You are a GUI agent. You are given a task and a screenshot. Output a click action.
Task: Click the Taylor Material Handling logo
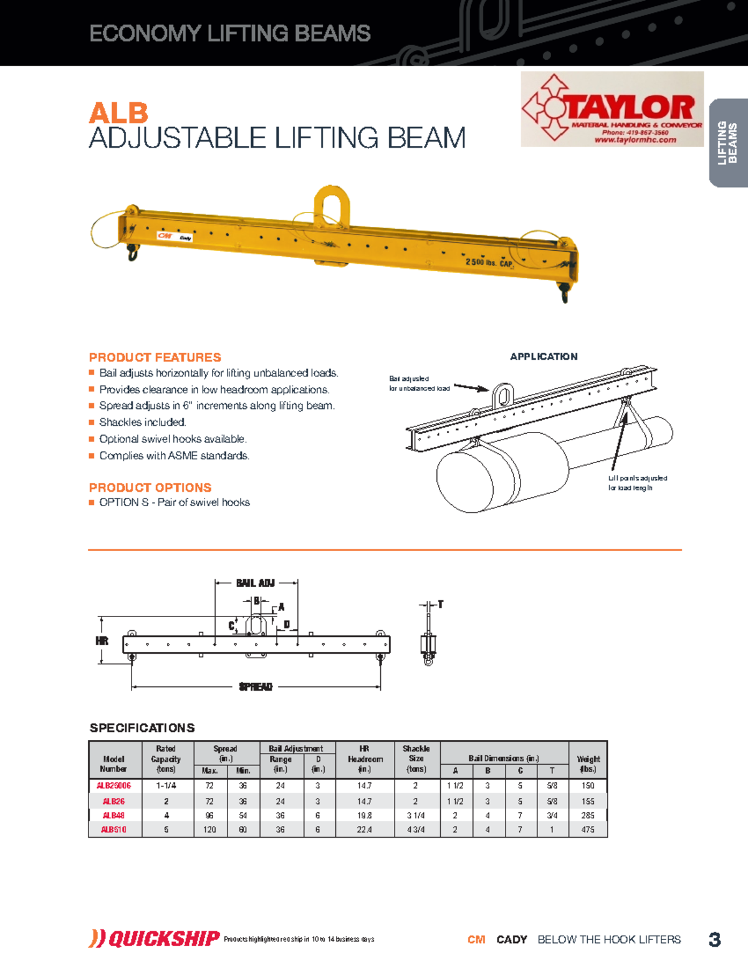click(x=612, y=109)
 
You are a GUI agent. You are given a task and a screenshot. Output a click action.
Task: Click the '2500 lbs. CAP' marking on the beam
click(x=489, y=262)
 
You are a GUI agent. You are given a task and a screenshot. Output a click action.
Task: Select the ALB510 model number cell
click(x=114, y=830)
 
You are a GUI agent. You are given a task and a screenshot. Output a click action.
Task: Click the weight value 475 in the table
click(x=588, y=830)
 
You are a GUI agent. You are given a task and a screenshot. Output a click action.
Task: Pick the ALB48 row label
click(x=114, y=815)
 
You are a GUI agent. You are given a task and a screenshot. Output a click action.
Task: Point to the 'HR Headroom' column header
click(x=365, y=759)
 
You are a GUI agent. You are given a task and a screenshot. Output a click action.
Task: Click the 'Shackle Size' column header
click(x=416, y=758)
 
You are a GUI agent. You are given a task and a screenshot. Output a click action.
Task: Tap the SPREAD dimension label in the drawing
click(x=256, y=687)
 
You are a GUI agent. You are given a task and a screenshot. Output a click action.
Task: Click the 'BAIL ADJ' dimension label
click(x=256, y=583)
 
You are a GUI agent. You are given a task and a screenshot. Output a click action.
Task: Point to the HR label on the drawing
click(x=102, y=641)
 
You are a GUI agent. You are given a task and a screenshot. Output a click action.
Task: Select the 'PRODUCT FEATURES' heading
click(x=155, y=357)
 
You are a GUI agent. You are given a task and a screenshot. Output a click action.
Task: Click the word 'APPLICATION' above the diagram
click(x=544, y=357)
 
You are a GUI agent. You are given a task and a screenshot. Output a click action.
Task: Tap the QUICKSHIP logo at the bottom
click(x=155, y=939)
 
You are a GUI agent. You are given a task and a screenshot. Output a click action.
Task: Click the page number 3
click(x=715, y=939)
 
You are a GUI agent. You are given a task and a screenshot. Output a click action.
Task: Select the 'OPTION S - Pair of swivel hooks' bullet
click(x=174, y=502)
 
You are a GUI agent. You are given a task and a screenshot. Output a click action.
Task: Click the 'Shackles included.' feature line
click(x=142, y=422)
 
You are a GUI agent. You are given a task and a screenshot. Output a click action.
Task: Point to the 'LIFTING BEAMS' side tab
click(x=727, y=143)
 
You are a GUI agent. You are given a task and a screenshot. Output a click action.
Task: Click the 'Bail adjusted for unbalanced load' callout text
click(x=419, y=383)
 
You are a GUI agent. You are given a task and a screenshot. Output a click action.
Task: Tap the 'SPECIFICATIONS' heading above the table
click(x=142, y=728)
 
